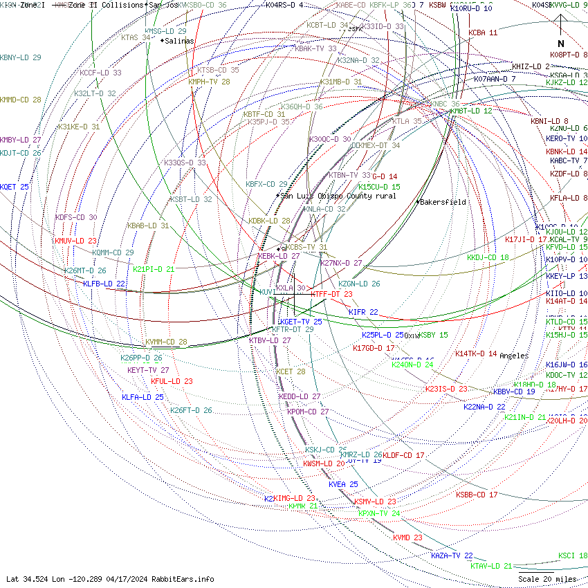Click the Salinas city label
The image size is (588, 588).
[179, 41]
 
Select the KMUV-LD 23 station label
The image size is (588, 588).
[75, 241]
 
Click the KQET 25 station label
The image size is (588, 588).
[15, 187]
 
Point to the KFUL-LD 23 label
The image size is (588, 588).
[172, 381]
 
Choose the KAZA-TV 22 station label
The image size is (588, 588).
[452, 555]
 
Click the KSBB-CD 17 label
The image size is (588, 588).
[476, 495]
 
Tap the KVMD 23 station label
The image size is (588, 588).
[407, 538]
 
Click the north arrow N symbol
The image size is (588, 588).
[561, 43]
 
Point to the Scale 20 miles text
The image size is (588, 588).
[547, 579]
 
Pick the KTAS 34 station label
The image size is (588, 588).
[136, 37]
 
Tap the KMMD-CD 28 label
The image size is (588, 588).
[21, 100]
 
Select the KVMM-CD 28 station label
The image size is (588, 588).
[166, 342]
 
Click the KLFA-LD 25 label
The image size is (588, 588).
[143, 397]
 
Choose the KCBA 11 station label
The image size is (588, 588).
[482, 33]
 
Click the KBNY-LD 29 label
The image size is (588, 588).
[21, 57]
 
